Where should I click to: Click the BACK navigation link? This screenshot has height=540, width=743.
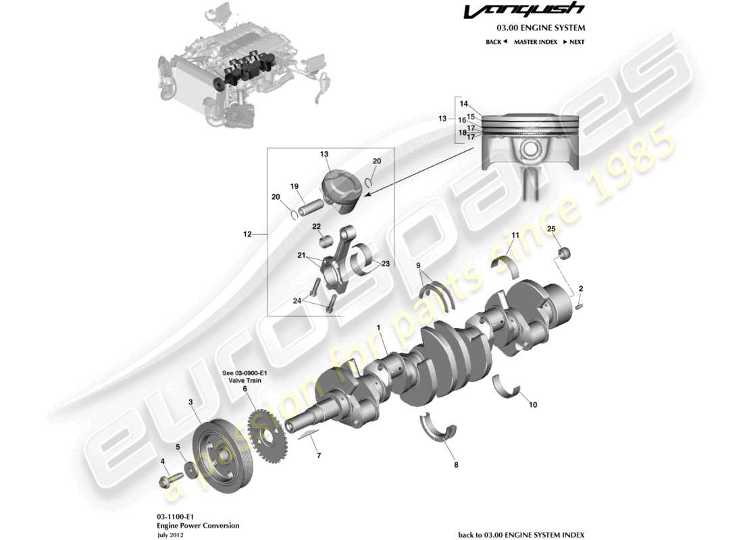[x=496, y=42]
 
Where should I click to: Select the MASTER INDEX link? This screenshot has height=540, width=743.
[x=535, y=42]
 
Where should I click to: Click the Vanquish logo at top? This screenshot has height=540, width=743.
[x=534, y=11]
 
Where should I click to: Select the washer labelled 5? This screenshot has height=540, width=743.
[x=190, y=469]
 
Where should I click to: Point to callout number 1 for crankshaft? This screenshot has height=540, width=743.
[x=379, y=328]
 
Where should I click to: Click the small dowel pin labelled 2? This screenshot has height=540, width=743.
[x=580, y=308]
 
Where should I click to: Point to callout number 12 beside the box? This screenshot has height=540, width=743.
[x=247, y=235]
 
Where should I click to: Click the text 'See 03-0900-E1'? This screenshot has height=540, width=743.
[x=245, y=373]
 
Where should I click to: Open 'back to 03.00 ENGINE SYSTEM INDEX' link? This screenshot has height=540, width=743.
[x=521, y=533]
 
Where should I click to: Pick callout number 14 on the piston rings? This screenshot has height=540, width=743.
[x=464, y=104]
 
